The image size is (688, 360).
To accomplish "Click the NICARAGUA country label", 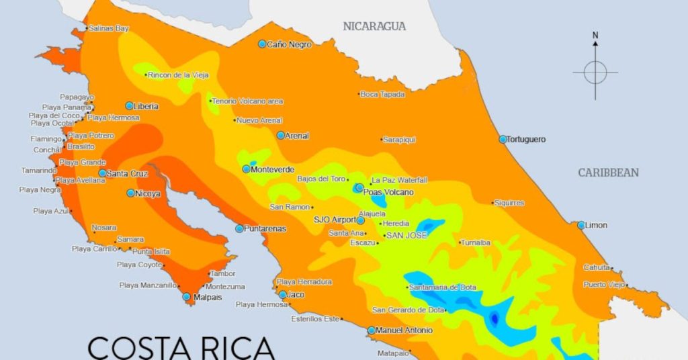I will [374, 27].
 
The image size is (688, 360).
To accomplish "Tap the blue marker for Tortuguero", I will [503, 139].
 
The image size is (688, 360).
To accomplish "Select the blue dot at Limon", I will [581, 225].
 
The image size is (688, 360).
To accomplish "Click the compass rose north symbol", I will [595, 71].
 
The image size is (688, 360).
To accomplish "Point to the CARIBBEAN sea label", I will [609, 173].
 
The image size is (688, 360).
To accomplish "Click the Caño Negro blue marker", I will [263, 44].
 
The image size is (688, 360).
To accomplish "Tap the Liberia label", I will [146, 106].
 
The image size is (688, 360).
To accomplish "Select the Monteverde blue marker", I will [247, 169].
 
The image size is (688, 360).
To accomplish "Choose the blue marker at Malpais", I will [187, 296].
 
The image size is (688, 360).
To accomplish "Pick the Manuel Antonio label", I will [404, 330].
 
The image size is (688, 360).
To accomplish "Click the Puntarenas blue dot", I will [239, 228].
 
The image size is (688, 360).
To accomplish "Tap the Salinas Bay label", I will [108, 29].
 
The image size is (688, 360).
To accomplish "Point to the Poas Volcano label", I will [388, 192].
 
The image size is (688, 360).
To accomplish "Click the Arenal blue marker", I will [281, 135].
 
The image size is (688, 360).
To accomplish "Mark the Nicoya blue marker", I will [131, 193].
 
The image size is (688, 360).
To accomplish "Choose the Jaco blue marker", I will [283, 295].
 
